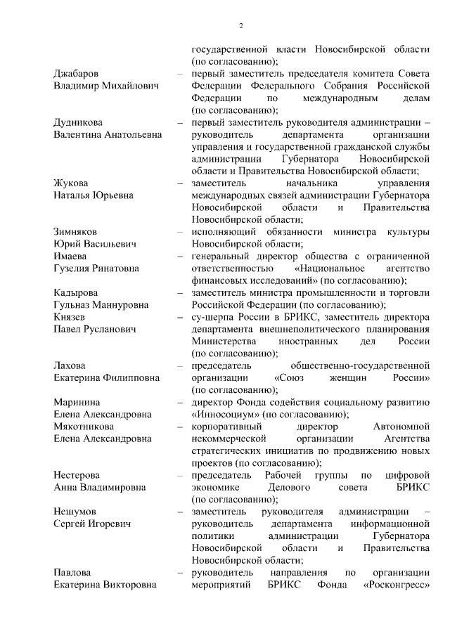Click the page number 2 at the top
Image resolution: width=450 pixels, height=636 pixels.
pyautogui.click(x=240, y=27)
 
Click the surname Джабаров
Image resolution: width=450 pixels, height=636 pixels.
pyautogui.click(x=76, y=74)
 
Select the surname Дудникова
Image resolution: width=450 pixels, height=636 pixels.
pyautogui.click(x=79, y=122)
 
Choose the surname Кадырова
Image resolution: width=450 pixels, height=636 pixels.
pyautogui.click(x=76, y=292)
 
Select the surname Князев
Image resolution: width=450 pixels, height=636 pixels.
pyautogui.click(x=70, y=317)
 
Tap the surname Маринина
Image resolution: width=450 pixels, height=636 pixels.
pyautogui.click(x=77, y=402)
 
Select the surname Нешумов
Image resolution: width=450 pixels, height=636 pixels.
pyautogui.click(x=75, y=511)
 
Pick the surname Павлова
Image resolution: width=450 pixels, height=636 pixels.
pyautogui.click(x=72, y=572)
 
